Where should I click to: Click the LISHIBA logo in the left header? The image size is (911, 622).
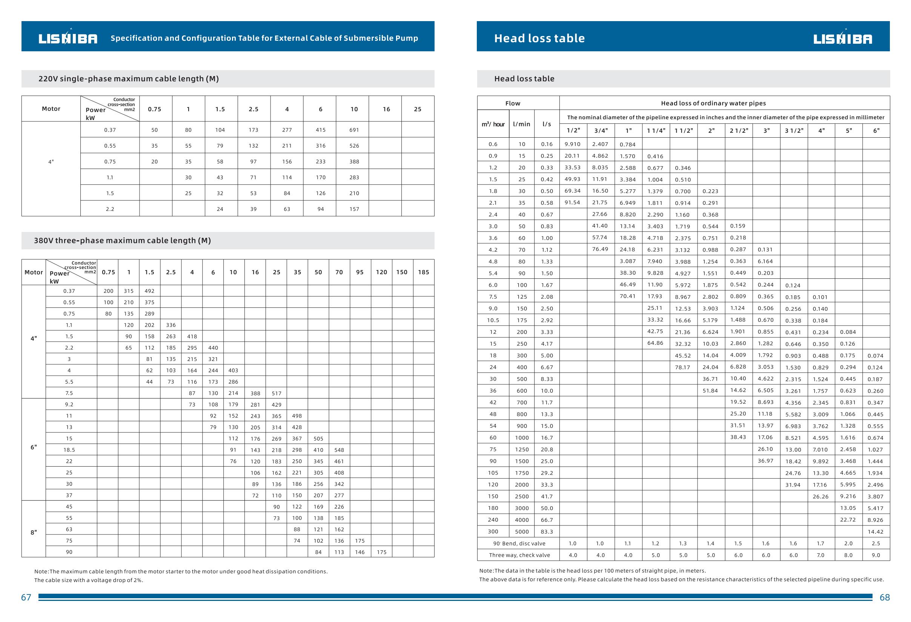(68, 38)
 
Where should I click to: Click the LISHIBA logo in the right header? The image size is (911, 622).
(842, 38)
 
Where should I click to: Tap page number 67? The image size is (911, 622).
(26, 597)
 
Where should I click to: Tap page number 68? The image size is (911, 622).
(885, 597)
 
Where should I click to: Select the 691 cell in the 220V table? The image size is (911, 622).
(354, 130)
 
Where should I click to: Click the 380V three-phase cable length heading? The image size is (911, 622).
(122, 241)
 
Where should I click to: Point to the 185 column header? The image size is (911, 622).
(423, 272)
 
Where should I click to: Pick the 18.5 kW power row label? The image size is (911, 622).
(69, 450)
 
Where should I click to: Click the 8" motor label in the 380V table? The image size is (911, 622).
(34, 532)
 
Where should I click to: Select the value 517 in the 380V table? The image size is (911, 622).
(277, 393)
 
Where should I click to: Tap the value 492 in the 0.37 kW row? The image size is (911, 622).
(149, 291)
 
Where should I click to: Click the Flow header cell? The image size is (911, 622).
(512, 103)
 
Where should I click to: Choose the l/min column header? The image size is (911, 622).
(521, 124)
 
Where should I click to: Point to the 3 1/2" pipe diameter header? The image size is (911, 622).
(794, 131)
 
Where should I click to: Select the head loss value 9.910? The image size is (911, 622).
(572, 144)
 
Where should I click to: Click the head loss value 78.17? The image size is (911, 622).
(683, 367)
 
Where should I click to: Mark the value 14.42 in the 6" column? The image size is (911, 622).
(875, 532)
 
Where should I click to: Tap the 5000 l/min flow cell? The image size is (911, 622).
(522, 532)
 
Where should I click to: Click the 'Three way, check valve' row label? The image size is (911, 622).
(519, 555)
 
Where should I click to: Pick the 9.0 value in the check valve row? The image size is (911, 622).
(876, 555)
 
